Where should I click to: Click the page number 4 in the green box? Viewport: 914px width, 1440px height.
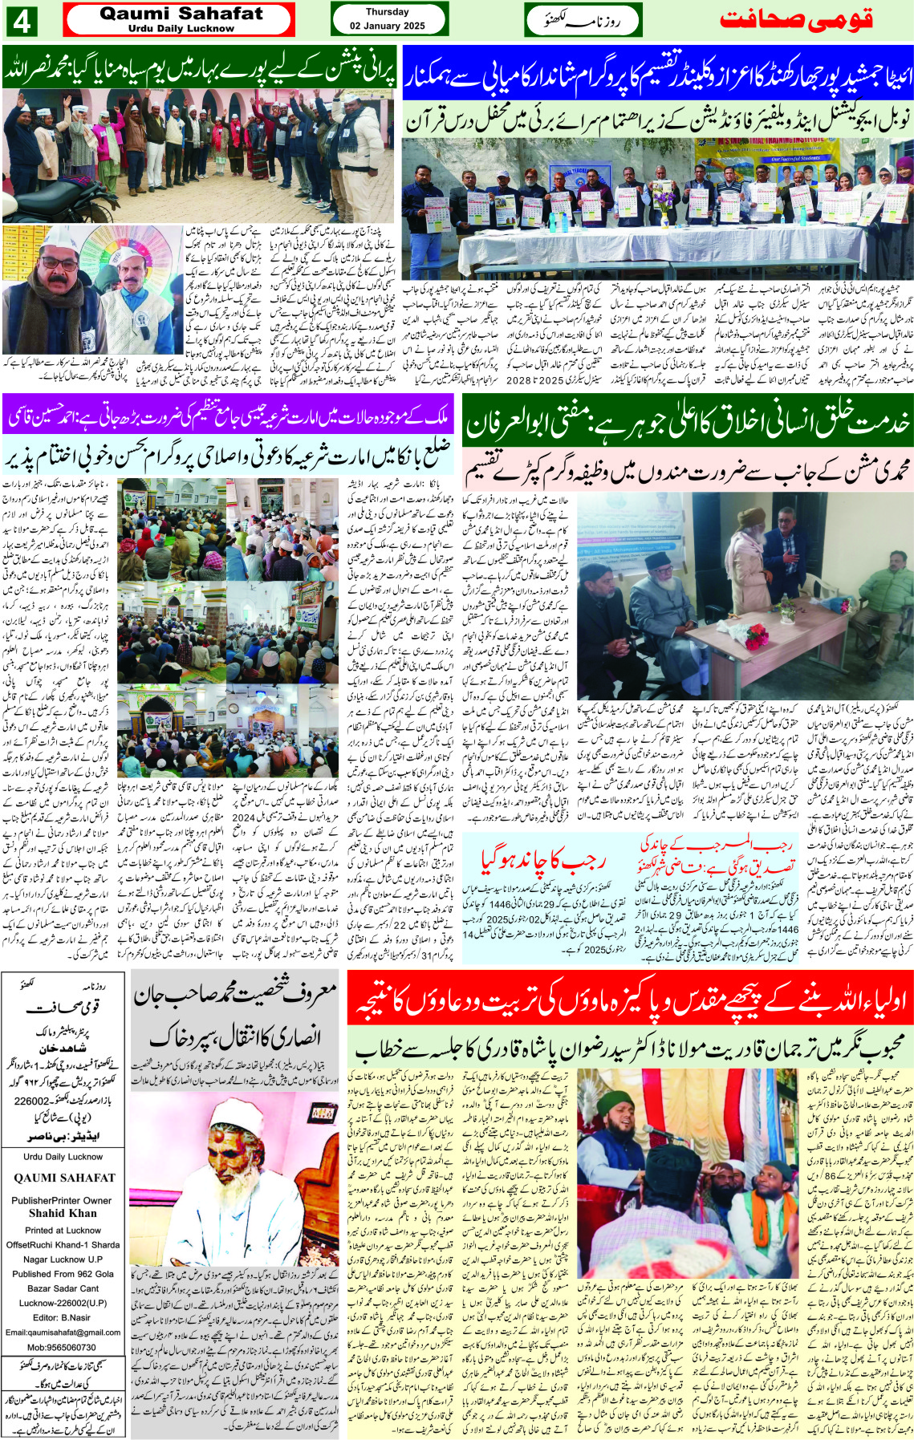click(x=21, y=21)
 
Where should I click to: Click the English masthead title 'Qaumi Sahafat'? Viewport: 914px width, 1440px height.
click(x=181, y=14)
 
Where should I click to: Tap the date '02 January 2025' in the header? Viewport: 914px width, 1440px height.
click(x=387, y=26)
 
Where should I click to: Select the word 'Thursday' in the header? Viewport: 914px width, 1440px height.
click(x=387, y=12)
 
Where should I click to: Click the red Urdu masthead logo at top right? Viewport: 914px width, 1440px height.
click(x=795, y=19)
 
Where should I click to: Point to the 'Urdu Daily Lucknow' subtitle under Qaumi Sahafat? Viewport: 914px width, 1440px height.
click(x=181, y=29)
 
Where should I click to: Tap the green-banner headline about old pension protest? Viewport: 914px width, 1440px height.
click(x=200, y=71)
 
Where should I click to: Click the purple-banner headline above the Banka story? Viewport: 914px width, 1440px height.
click(x=229, y=417)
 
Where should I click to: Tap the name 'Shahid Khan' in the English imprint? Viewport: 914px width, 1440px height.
click(x=63, y=1213)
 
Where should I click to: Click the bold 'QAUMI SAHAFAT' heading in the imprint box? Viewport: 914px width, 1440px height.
click(x=64, y=1178)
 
